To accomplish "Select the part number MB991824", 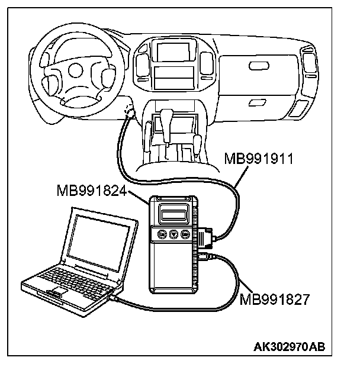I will pos(91,191).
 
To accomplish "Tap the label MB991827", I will pos(274,300).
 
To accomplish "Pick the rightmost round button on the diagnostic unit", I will pos(185,234).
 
